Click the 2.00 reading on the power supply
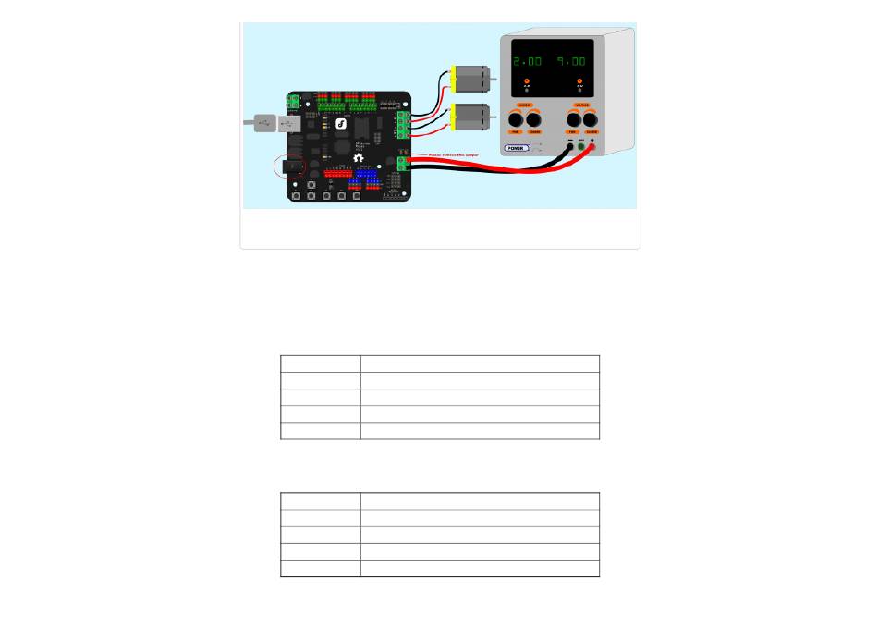coord(528,61)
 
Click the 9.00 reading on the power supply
coord(570,61)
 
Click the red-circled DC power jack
coord(294,167)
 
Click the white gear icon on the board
coord(359,157)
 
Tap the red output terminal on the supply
coord(591,146)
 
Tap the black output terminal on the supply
coord(569,146)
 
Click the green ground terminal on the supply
coord(580,146)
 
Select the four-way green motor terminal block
coord(404,123)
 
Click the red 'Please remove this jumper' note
coord(453,154)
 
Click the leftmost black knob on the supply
coord(516,119)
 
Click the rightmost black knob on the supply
coord(591,119)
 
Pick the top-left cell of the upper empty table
coord(320,364)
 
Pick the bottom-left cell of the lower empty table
coord(320,568)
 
